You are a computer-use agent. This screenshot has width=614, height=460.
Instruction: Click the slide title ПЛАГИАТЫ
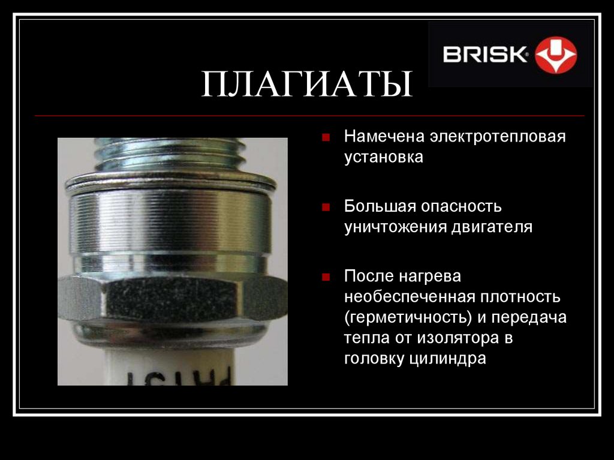[306, 84]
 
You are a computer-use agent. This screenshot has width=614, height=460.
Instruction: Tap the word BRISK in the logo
[484, 55]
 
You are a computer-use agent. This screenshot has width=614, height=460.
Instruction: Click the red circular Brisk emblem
[556, 55]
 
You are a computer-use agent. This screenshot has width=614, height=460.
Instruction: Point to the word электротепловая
[497, 137]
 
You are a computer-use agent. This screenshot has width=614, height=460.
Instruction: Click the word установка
[384, 158]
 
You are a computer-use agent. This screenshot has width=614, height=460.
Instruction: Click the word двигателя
[492, 227]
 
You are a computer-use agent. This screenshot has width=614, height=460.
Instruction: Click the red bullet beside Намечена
[325, 137]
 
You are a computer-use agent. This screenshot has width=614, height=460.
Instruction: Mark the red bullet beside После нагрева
[325, 277]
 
